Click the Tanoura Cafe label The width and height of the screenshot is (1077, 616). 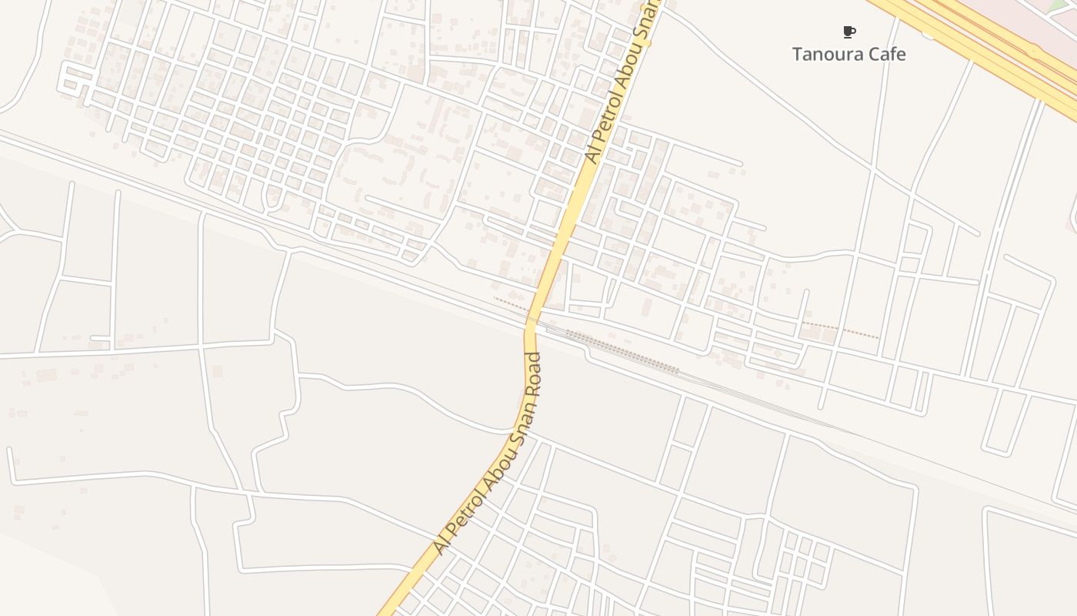pyautogui.click(x=849, y=54)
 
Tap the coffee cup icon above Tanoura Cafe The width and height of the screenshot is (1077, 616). pyautogui.click(x=849, y=32)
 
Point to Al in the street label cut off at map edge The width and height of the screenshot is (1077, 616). pyautogui.click(x=591, y=156)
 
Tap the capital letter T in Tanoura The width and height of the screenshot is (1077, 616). pyautogui.click(x=798, y=54)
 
